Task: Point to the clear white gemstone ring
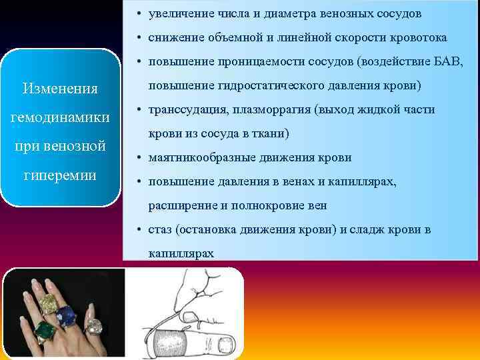click(95, 327)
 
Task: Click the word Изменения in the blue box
click(60, 89)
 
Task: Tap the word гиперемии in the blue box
click(60, 175)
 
